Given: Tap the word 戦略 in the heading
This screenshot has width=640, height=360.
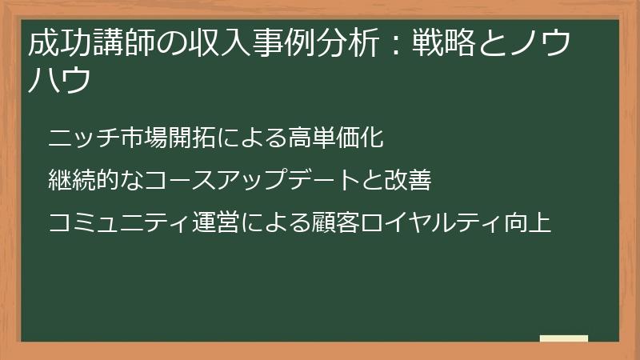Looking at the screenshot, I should coord(437,45).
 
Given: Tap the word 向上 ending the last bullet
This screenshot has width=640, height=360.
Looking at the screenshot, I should coord(534,223).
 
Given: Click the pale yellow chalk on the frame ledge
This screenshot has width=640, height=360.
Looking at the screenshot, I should coord(564,338).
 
